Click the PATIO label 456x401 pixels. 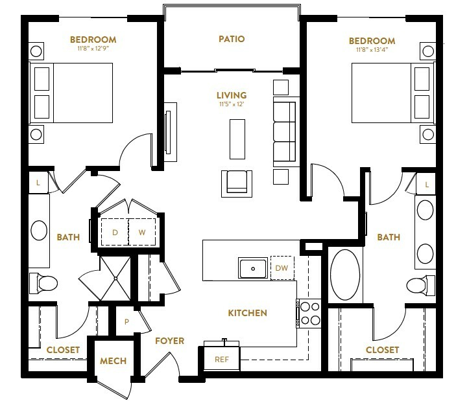click(232, 39)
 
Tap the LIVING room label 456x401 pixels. click(232, 95)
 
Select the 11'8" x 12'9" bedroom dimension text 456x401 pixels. click(93, 48)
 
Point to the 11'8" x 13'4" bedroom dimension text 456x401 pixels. click(372, 50)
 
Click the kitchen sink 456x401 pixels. click(253, 268)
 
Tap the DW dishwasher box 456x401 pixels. click(282, 268)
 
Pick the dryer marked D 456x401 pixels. click(115, 232)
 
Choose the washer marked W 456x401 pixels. click(142, 232)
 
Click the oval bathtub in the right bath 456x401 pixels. click(345, 275)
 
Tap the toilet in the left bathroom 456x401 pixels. click(43, 283)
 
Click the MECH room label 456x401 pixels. click(113, 361)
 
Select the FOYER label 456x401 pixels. click(169, 341)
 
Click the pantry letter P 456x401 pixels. click(126, 322)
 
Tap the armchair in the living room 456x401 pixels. click(237, 184)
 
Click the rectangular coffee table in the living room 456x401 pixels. click(237, 139)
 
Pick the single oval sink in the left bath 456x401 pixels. click(39, 230)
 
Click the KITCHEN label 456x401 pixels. click(248, 313)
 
